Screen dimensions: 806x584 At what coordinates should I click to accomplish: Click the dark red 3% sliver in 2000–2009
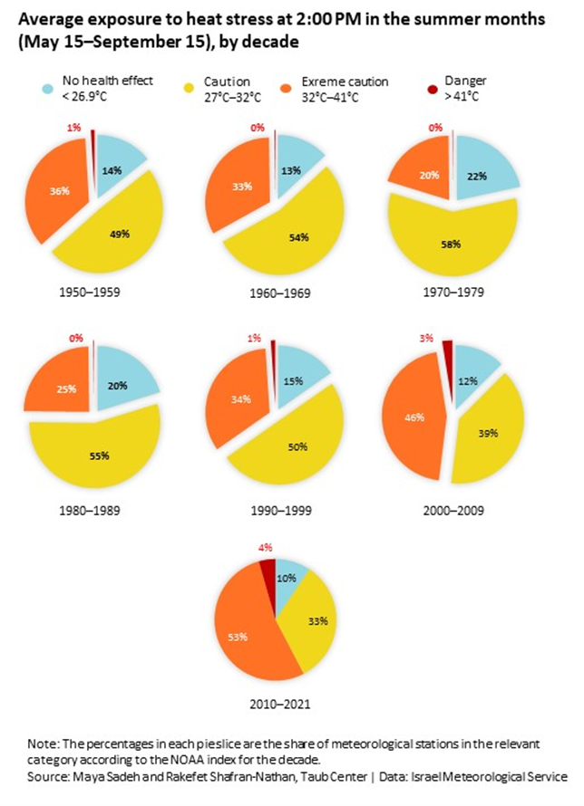(x=447, y=350)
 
